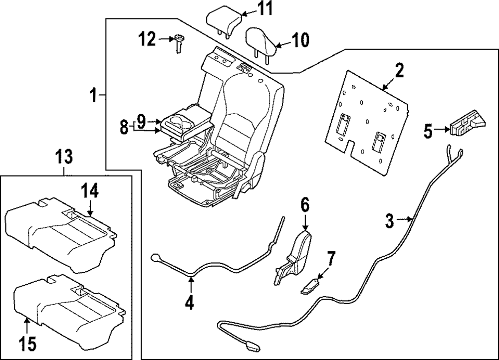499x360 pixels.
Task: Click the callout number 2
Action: (398, 71)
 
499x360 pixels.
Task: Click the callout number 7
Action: (332, 258)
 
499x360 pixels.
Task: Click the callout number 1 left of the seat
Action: (93, 94)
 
